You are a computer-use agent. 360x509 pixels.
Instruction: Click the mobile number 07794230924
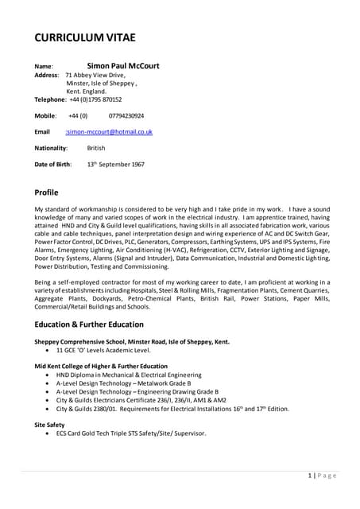[x=121, y=115]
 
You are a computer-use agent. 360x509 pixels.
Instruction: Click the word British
[x=96, y=148]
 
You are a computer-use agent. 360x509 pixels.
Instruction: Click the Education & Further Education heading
[x=89, y=324]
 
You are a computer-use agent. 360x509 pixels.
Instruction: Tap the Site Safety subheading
[x=49, y=425]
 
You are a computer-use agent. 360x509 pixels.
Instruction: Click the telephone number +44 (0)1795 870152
[x=95, y=99]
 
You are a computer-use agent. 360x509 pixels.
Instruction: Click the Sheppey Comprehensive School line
[x=132, y=341]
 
